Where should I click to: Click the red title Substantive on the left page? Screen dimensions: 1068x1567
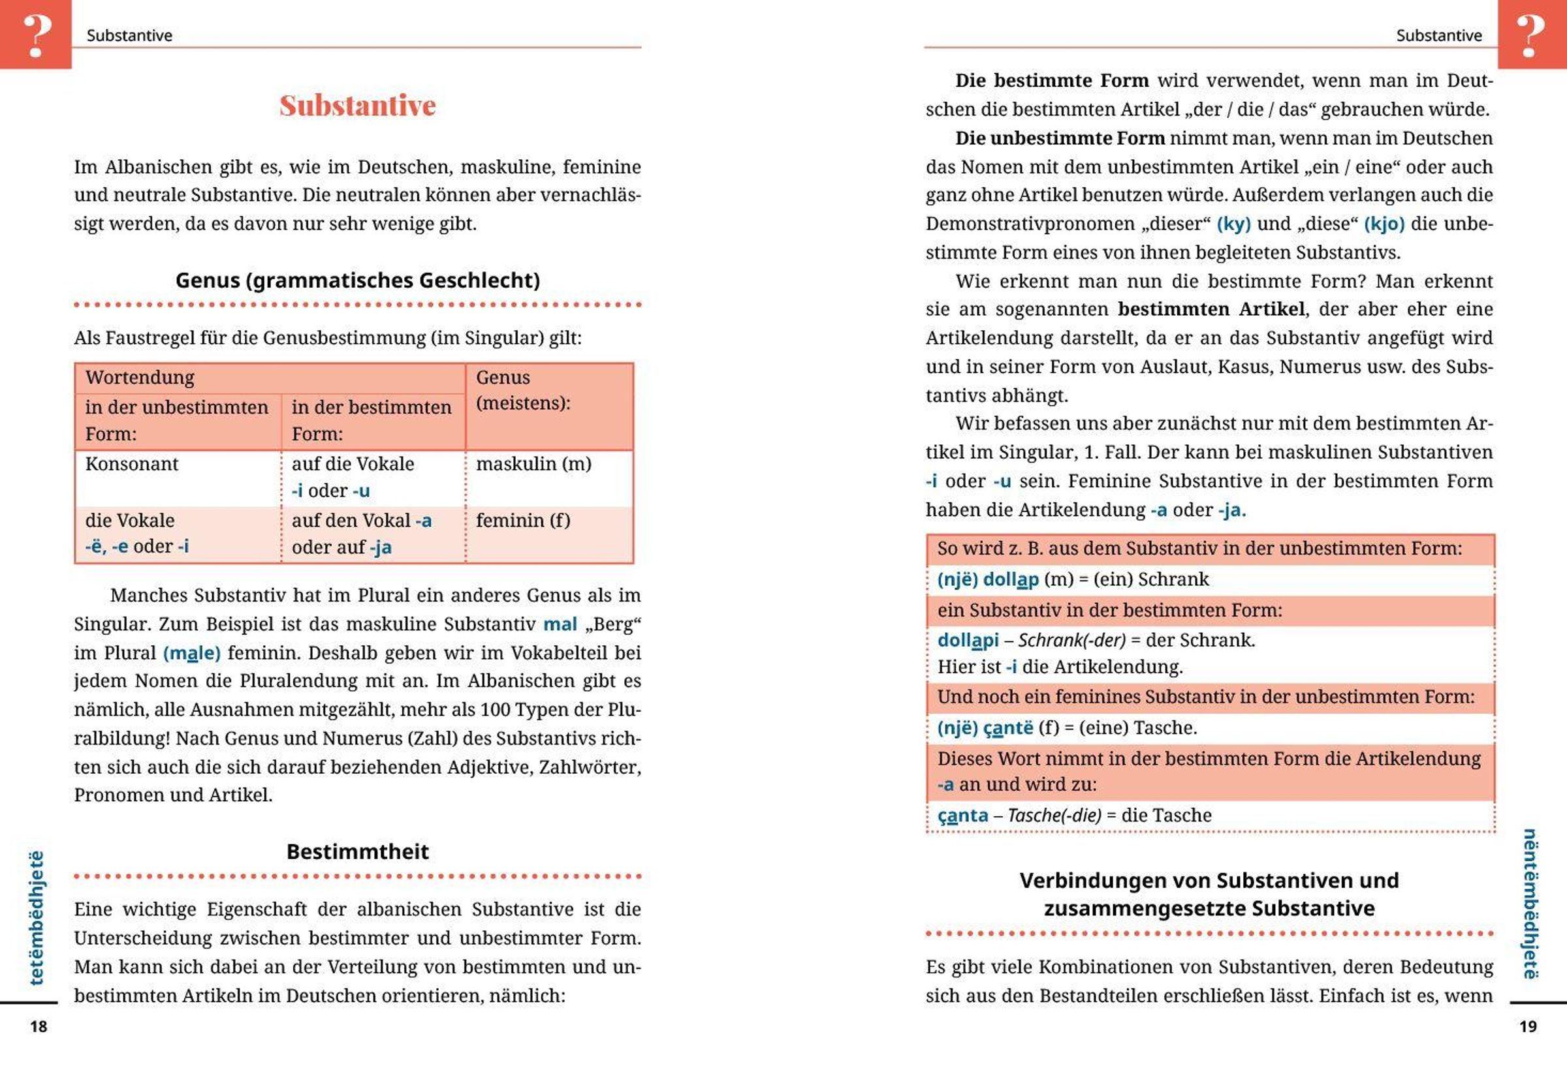point(357,106)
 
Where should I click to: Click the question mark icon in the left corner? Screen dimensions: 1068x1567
point(37,35)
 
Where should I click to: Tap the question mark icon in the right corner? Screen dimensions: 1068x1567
point(1530,35)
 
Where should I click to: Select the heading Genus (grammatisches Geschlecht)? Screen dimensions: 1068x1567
point(357,281)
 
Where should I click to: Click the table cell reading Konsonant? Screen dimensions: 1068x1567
point(132,465)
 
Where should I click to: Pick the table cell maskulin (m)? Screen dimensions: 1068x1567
point(533,465)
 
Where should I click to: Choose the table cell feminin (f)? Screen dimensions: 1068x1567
point(522,521)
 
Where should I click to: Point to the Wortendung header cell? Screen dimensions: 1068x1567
point(140,377)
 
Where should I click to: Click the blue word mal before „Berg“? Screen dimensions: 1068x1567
point(560,624)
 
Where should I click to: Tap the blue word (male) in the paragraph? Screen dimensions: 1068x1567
point(191,653)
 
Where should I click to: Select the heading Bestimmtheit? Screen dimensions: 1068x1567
point(357,851)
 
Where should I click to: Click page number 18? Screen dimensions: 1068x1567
point(39,1026)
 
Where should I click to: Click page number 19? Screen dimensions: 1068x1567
point(1528,1026)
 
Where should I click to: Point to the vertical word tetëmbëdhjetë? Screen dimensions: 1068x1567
point(37,918)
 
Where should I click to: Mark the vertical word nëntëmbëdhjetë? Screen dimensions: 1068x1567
point(1530,903)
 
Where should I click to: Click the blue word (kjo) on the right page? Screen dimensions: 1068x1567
point(1384,224)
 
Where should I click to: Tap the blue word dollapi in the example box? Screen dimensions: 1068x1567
point(968,640)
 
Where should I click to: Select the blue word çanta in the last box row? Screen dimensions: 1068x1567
point(963,816)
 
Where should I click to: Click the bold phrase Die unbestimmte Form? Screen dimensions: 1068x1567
point(1060,138)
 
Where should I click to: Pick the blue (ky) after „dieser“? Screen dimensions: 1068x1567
point(1233,224)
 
